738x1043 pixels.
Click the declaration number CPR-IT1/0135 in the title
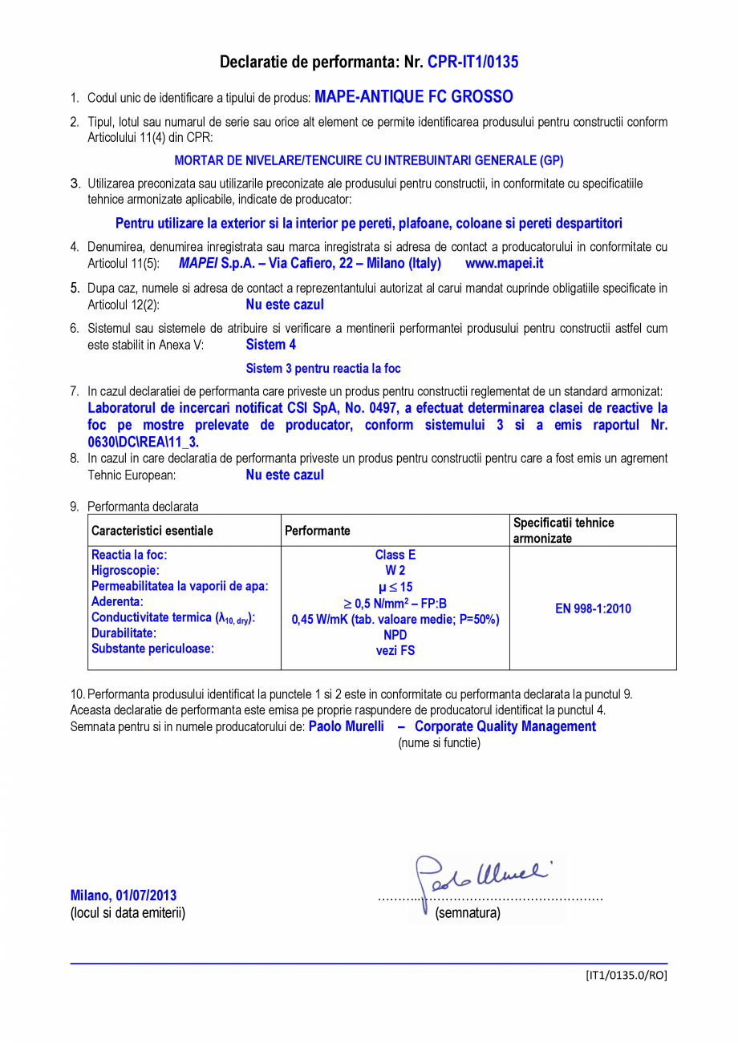pyautogui.click(x=472, y=63)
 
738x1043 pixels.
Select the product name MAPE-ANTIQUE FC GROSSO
pyautogui.click(x=413, y=97)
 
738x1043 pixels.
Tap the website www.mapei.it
pyautogui.click(x=504, y=263)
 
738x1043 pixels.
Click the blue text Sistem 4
pyautogui.click(x=270, y=345)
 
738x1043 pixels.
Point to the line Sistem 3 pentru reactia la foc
pyautogui.click(x=322, y=369)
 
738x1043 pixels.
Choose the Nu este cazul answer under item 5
pyautogui.click(x=285, y=305)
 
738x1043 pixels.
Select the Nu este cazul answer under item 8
pyautogui.click(x=285, y=475)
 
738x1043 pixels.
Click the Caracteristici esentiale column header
pyautogui.click(x=152, y=531)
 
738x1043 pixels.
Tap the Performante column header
pyautogui.click(x=318, y=531)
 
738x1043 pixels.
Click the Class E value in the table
pyautogui.click(x=395, y=555)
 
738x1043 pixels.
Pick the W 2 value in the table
pyautogui.click(x=395, y=570)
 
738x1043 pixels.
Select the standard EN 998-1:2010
pyautogui.click(x=593, y=609)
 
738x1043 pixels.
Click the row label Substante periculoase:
pyautogui.click(x=152, y=649)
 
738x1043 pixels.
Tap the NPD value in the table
pyautogui.click(x=395, y=635)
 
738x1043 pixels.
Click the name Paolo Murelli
pyautogui.click(x=347, y=726)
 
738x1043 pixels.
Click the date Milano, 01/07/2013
pyautogui.click(x=124, y=895)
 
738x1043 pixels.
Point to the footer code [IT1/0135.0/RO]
pyautogui.click(x=626, y=976)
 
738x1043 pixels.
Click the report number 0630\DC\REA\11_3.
pyautogui.click(x=143, y=442)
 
